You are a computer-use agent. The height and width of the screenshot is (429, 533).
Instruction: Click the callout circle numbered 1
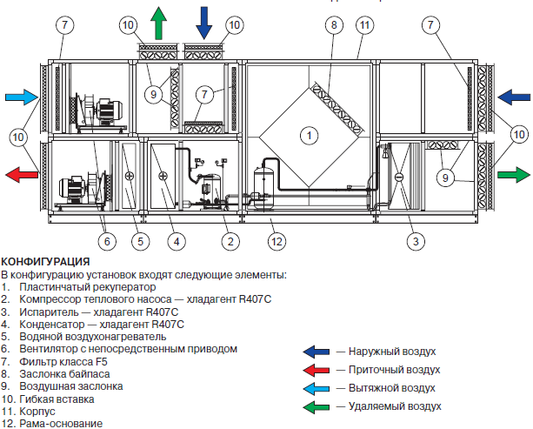click(306, 134)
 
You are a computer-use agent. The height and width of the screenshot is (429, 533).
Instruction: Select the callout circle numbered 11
click(363, 25)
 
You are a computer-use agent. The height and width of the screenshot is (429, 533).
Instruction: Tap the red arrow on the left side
click(21, 175)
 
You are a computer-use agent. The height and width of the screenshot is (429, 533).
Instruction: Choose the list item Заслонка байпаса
click(61, 373)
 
